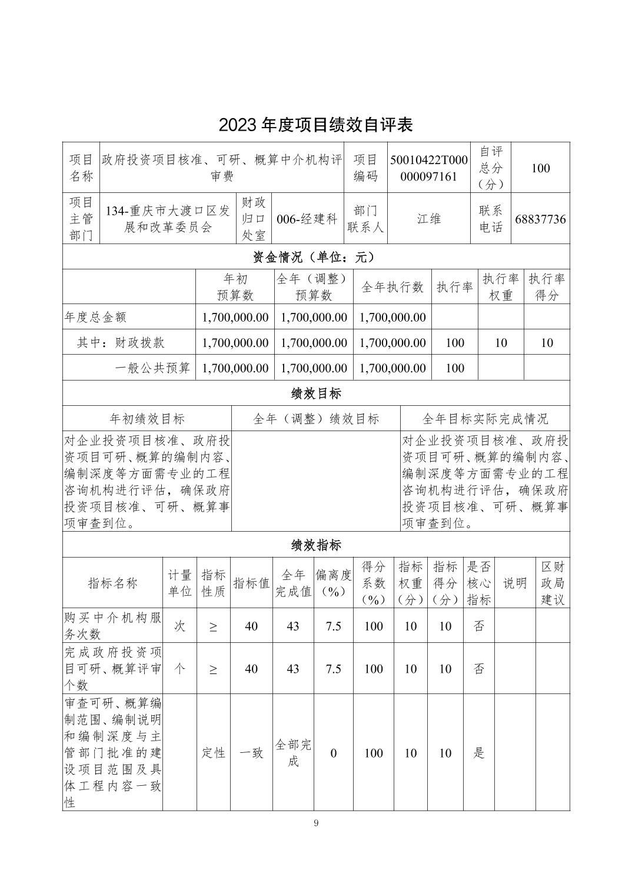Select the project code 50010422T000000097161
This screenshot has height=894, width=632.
(428, 168)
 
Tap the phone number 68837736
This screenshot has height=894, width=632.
(540, 219)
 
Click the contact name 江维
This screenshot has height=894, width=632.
(428, 219)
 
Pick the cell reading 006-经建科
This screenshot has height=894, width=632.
(307, 219)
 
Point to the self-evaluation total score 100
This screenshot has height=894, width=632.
(540, 168)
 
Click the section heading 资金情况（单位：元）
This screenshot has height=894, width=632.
(316, 257)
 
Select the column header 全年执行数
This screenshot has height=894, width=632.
(392, 287)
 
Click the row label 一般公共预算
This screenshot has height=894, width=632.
(152, 368)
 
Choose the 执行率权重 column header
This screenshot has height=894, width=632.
(501, 287)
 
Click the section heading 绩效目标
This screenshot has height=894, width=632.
(316, 393)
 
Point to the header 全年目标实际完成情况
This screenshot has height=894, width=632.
(485, 419)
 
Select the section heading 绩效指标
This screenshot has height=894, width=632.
(316, 545)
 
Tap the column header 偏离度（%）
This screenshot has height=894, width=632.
(333, 583)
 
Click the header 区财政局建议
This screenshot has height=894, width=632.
(553, 583)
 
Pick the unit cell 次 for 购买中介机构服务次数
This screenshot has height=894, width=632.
(179, 626)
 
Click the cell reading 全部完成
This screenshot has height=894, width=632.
(293, 753)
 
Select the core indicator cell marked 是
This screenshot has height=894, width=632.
(479, 753)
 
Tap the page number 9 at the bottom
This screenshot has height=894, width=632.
(316, 823)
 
